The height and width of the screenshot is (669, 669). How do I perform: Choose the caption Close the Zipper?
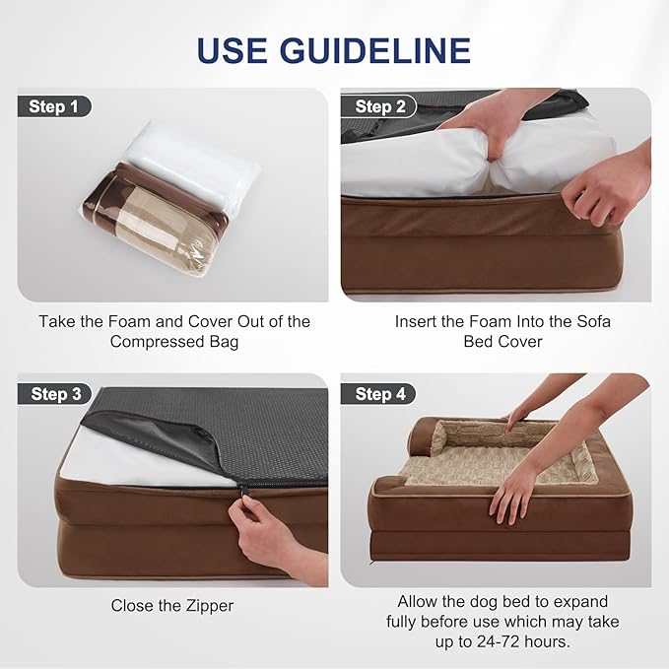[x=172, y=606]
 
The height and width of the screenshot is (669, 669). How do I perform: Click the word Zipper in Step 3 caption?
[x=210, y=606]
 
